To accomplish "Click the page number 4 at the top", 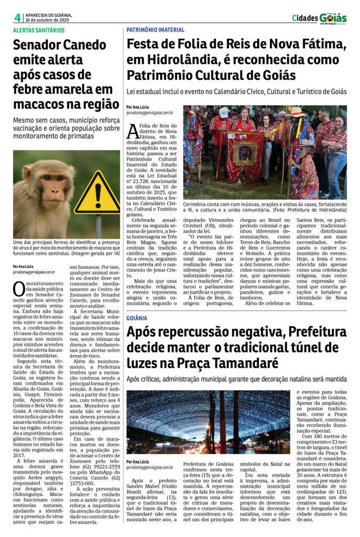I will point(17,17).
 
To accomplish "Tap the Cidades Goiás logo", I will point(319,18).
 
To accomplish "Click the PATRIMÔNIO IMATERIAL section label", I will point(156,30).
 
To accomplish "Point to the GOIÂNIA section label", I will point(137,318).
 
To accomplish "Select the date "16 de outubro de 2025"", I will point(48,20).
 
